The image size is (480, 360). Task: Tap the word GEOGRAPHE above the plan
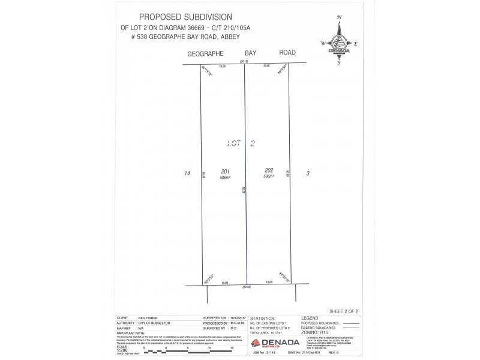coord(206,53)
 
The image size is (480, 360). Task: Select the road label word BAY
coord(250,53)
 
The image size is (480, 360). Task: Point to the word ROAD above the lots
coord(287,53)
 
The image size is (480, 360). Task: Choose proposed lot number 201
coord(225,171)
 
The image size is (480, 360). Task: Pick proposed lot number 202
coord(268,170)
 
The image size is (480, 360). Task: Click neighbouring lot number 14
coord(187,173)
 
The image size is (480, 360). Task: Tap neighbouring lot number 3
coord(308,173)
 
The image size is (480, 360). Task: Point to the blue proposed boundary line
coord(245,180)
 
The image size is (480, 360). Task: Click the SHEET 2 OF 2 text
coord(344,311)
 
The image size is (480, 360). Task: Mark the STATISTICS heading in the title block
coord(262,318)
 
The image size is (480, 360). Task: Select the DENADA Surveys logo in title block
coord(274,343)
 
